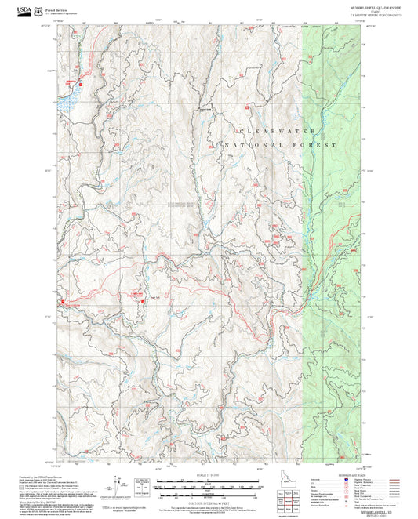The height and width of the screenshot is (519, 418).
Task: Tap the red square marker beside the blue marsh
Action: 77,82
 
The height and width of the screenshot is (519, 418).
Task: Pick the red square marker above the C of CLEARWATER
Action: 246,107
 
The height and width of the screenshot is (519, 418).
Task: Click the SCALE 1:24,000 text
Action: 209,476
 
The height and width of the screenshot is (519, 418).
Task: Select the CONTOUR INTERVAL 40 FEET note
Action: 209,500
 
